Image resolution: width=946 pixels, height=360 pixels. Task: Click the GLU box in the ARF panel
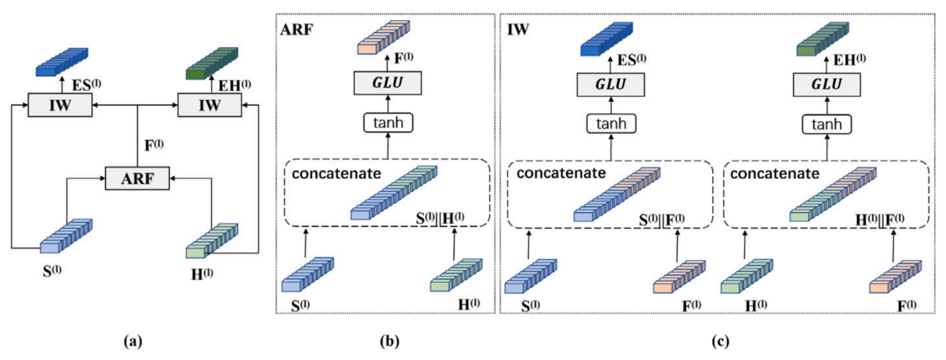coord(388,83)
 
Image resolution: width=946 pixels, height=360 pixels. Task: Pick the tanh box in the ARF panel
coord(388,122)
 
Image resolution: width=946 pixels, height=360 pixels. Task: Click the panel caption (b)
coord(388,341)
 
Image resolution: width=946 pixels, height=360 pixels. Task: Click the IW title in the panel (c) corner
coord(517,29)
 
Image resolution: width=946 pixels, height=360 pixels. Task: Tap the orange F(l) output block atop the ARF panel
coord(382,39)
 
